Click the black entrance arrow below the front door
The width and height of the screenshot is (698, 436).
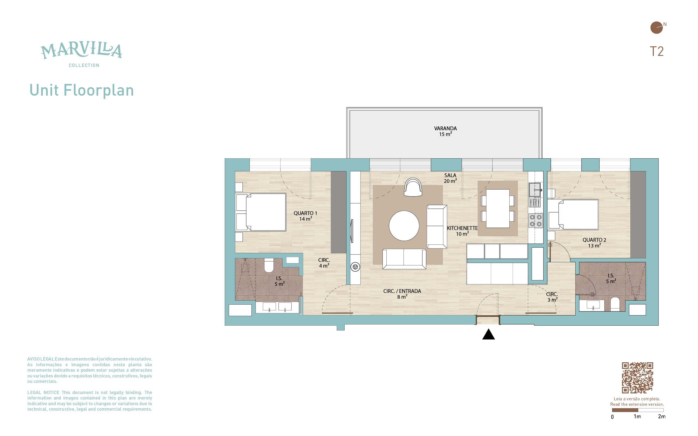488,335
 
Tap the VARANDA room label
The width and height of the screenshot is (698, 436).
445,128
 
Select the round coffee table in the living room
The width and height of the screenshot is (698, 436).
404,226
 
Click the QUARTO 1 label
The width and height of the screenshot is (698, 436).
305,213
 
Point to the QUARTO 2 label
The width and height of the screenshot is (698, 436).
594,240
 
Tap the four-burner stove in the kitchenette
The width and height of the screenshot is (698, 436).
535,220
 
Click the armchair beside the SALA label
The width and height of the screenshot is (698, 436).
413,187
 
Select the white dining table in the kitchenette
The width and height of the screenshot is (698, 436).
498,208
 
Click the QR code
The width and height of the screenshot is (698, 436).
637,378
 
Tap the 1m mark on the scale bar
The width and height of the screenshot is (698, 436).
637,416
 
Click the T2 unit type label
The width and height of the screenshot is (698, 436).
657,51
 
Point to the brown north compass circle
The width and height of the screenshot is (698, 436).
657,28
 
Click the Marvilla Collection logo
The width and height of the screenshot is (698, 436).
82,55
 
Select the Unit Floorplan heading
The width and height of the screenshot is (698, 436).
82,90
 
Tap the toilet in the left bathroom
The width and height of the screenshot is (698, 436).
269,266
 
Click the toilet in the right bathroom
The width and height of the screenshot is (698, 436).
615,304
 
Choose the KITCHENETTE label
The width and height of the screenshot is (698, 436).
462,228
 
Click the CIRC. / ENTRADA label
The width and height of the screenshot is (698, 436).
402,291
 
